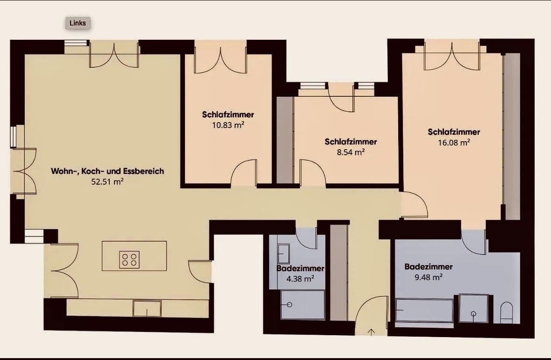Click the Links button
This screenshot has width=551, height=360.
tap(78, 23)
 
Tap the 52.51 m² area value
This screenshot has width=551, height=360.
tap(107, 182)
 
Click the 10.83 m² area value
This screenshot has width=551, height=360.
tap(228, 125)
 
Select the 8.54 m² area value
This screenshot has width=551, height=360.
tap(351, 152)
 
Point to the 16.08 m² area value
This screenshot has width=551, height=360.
tap(454, 143)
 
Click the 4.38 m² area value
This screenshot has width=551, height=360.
tap(299, 279)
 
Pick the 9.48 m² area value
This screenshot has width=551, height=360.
tap(428, 277)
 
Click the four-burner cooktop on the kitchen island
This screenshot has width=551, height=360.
tap(129, 259)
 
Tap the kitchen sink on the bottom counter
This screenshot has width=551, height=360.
tap(147, 309)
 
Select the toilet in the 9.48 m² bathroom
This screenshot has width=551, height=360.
tap(506, 312)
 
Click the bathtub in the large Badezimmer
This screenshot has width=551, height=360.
tap(424, 310)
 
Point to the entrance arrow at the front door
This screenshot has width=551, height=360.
tap(372, 332)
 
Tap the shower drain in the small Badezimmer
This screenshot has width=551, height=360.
tap(289, 304)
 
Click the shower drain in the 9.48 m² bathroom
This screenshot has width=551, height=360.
tap(473, 314)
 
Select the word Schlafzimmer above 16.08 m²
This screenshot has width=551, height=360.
tap(454, 132)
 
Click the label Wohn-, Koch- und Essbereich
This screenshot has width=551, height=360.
tap(107, 171)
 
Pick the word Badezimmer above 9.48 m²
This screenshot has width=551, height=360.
tap(428, 266)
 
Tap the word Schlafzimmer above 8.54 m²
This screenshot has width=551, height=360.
tap(351, 141)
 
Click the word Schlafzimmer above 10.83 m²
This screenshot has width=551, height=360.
tap(228, 114)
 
